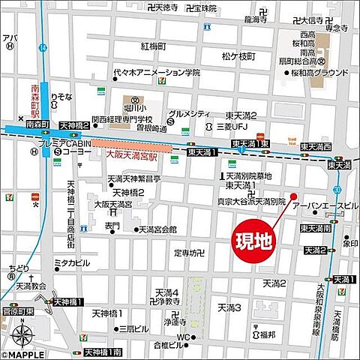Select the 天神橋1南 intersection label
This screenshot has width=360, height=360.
click(103, 352)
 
